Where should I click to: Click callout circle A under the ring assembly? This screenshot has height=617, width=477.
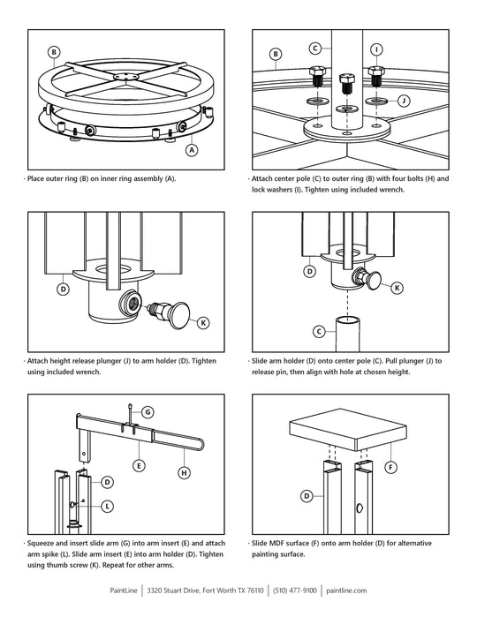coord(192,150)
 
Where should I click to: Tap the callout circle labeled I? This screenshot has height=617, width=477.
coord(376,49)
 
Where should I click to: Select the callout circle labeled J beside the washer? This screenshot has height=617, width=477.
coord(404,101)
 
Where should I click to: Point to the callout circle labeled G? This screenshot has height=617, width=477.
coord(148,412)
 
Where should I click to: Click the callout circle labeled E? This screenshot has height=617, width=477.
coord(139,466)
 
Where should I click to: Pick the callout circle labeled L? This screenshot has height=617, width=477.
coord(108,506)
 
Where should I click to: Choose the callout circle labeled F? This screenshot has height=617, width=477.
coord(390,468)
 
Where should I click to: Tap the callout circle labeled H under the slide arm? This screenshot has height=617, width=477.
coord(185,472)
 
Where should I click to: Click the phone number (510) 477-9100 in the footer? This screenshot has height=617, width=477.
coord(295,591)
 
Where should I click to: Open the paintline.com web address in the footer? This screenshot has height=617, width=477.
coord(346,591)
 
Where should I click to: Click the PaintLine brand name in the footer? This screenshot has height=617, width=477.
coord(124,591)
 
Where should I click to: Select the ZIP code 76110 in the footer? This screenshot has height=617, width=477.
coord(254,591)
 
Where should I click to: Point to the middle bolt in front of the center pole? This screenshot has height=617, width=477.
coord(346,83)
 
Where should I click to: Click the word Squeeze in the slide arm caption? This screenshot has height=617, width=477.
coord(41,544)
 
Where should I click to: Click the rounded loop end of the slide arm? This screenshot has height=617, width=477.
coord(202,444)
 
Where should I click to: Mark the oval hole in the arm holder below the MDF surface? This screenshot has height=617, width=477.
coord(360,508)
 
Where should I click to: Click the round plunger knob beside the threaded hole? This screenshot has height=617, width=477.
coord(179,315)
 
